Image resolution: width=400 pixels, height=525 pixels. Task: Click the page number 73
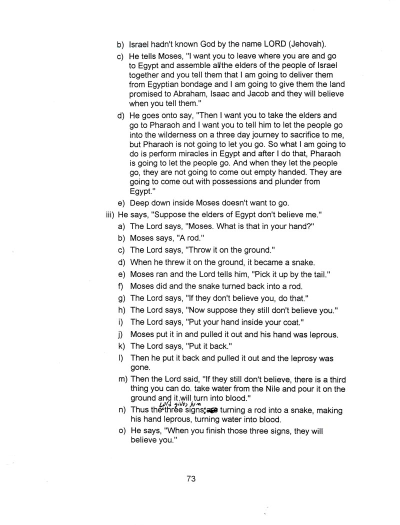pos(190,478)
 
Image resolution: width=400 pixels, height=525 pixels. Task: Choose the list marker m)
pos(121,380)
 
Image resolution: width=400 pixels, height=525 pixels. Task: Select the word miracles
pos(199,154)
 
